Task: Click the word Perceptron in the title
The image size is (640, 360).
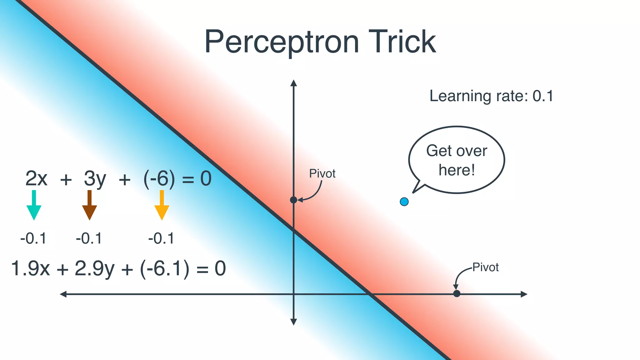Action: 282,42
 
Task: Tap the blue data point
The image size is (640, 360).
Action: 404,202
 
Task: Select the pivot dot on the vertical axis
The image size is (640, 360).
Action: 293,200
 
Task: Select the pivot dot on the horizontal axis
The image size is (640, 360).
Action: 457,294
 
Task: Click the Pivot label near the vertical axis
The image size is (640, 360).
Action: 322,174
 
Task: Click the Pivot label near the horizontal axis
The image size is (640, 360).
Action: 485,267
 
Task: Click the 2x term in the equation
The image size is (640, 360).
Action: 36,179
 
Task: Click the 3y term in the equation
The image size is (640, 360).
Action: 95,179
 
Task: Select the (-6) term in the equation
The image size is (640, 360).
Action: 159,179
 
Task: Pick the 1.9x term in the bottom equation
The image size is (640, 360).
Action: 30,268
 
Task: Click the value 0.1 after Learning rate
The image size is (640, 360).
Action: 543,96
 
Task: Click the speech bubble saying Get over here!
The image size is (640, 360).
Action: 457,160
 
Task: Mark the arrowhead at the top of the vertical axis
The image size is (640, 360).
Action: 293,82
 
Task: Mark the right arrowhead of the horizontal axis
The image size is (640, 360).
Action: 524,294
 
